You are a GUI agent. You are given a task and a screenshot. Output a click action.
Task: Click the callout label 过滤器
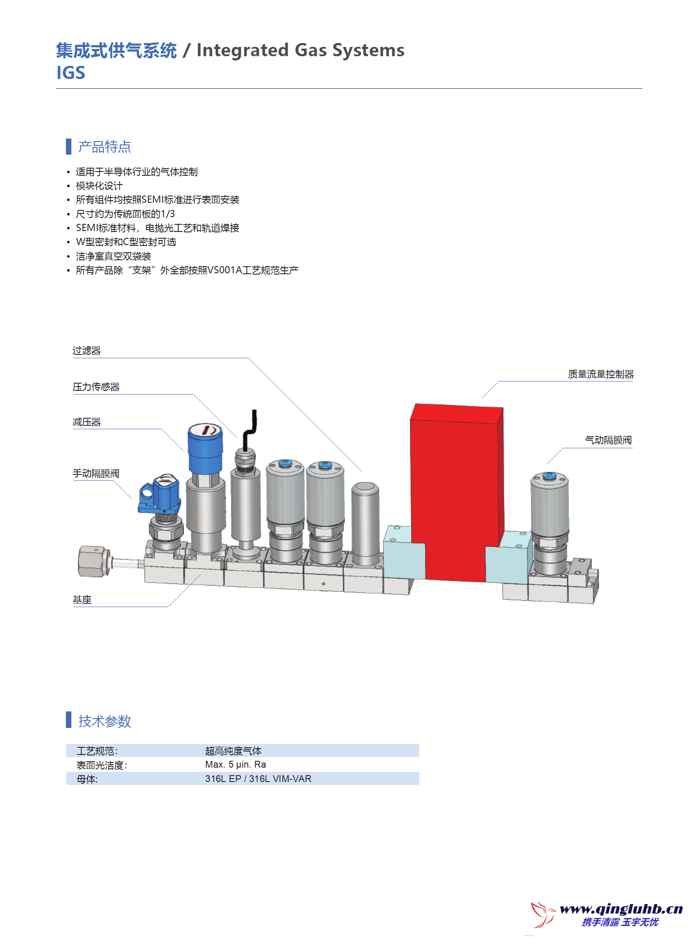click(x=87, y=351)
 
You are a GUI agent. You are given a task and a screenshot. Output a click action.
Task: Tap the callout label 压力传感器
click(x=96, y=387)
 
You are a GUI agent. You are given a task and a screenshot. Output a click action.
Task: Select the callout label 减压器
click(x=87, y=422)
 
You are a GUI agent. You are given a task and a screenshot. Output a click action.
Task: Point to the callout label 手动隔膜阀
click(x=96, y=474)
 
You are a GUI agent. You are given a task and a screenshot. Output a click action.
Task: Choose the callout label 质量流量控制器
click(x=600, y=374)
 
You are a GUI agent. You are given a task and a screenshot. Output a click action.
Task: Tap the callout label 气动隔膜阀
click(x=608, y=440)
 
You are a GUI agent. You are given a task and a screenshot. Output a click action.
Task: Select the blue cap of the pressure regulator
click(x=205, y=448)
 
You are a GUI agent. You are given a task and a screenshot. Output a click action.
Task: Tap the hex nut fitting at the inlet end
click(x=93, y=561)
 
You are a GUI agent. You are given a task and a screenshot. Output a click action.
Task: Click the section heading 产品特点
click(x=104, y=147)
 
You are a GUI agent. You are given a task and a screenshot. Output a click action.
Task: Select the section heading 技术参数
click(x=104, y=721)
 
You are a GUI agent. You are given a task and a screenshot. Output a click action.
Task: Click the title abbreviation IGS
click(x=71, y=73)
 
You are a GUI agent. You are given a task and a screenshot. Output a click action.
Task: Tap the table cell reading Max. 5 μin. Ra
click(x=235, y=765)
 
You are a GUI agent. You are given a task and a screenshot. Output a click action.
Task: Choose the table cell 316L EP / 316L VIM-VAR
click(x=258, y=779)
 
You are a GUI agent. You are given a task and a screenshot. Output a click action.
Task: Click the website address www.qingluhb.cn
click(x=621, y=909)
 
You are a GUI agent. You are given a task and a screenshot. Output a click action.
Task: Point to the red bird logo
click(x=543, y=914)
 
